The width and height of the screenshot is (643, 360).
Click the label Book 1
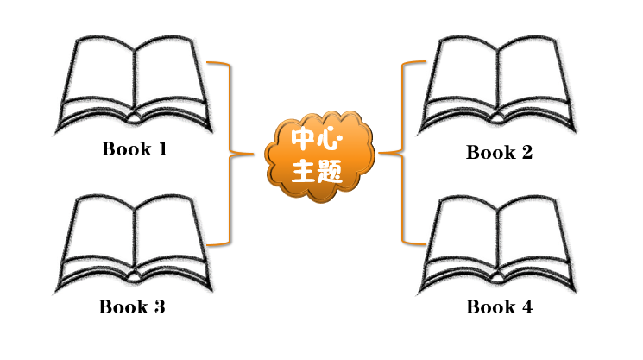pyautogui.click(x=135, y=148)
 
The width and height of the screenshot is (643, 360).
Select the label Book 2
pyautogui.click(x=499, y=153)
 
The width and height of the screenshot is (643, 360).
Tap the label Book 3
pyautogui.click(x=131, y=306)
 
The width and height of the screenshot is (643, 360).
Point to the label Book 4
pyautogui.click(x=499, y=306)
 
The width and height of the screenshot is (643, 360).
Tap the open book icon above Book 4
pyautogui.click(x=498, y=244)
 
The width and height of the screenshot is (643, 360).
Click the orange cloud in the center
pyautogui.click(x=319, y=156)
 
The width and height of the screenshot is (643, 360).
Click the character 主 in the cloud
pyautogui.click(x=305, y=171)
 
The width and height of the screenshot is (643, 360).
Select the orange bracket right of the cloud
pyautogui.click(x=403, y=153)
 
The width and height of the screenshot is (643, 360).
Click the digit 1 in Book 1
pyautogui.click(x=161, y=148)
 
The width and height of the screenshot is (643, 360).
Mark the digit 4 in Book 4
pyautogui.click(x=526, y=306)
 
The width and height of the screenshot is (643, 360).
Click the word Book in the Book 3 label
pyautogui.click(x=121, y=306)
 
